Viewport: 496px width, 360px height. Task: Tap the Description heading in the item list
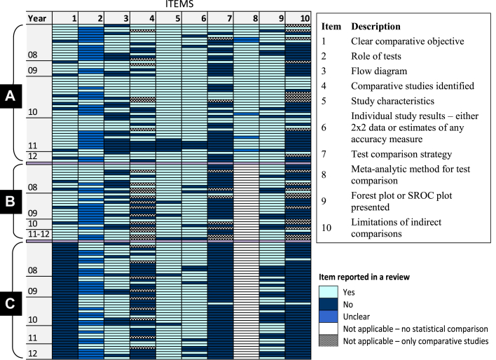pyautogui.click(x=377, y=26)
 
